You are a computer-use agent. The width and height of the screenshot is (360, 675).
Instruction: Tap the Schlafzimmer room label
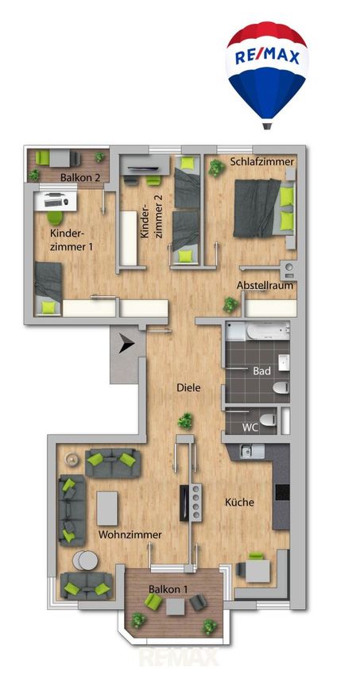point(261,162)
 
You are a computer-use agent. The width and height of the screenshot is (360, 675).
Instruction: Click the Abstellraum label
point(265,285)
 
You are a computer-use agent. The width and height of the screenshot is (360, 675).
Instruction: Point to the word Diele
point(188,388)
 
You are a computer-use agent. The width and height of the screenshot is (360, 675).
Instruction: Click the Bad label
point(261,370)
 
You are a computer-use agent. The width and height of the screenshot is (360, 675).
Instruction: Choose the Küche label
point(239,502)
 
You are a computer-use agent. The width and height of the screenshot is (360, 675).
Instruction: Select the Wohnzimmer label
point(130,534)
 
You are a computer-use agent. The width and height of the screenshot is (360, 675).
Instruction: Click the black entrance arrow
point(127,345)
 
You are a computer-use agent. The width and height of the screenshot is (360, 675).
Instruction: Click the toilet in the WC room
point(269,418)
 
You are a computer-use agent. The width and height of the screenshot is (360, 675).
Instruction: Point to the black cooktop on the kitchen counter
point(282,492)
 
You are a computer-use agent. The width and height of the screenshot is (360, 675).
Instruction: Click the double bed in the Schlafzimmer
point(264,208)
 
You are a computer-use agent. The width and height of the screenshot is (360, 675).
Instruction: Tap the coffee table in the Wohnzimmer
point(107,508)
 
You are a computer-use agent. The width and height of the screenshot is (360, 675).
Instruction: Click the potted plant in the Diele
point(186,421)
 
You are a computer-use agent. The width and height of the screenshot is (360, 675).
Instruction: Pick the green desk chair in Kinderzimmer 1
point(53,218)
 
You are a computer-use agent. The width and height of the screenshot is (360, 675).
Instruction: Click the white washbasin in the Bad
point(284,362)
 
